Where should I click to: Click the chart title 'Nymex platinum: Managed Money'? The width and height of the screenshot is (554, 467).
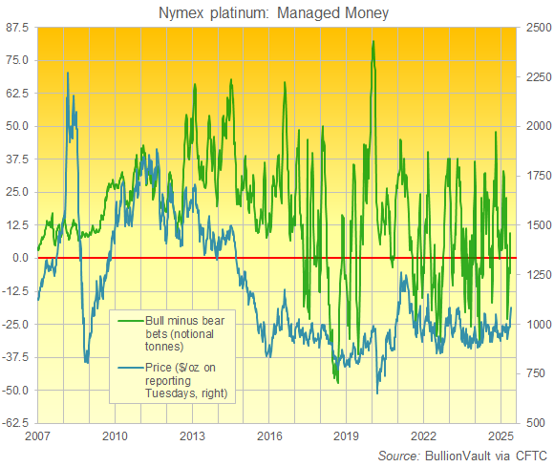click(277, 11)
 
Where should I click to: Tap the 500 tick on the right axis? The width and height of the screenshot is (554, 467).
click(533, 422)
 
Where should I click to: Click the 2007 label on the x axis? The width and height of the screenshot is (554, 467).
click(36, 435)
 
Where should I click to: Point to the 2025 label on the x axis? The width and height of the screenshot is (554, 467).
click(501, 435)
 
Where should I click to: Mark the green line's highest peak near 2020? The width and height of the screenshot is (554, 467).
click(373, 42)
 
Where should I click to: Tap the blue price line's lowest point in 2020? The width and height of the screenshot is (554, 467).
click(377, 393)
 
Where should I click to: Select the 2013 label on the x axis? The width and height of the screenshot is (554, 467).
click(191, 435)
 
